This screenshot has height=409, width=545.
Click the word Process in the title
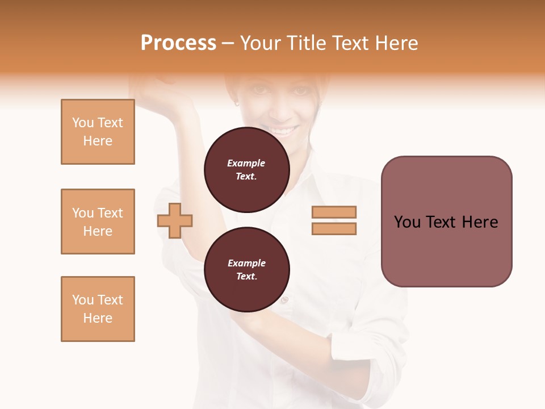(178, 43)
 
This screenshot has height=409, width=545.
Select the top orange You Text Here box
(98, 132)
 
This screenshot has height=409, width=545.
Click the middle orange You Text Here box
(98, 222)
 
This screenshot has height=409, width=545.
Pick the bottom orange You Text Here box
(98, 309)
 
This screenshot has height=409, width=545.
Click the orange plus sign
(175, 220)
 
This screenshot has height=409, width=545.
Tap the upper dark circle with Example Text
(246, 170)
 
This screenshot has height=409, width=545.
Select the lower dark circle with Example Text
(246, 270)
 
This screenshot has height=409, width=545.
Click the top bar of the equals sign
(334, 212)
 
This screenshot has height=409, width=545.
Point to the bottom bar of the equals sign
(334, 229)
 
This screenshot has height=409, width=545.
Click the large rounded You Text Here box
(446, 222)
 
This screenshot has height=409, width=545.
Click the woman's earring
(237, 103)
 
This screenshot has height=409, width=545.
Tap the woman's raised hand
(165, 91)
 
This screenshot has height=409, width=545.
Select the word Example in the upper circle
(246, 163)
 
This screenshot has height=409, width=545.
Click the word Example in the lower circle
(246, 263)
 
